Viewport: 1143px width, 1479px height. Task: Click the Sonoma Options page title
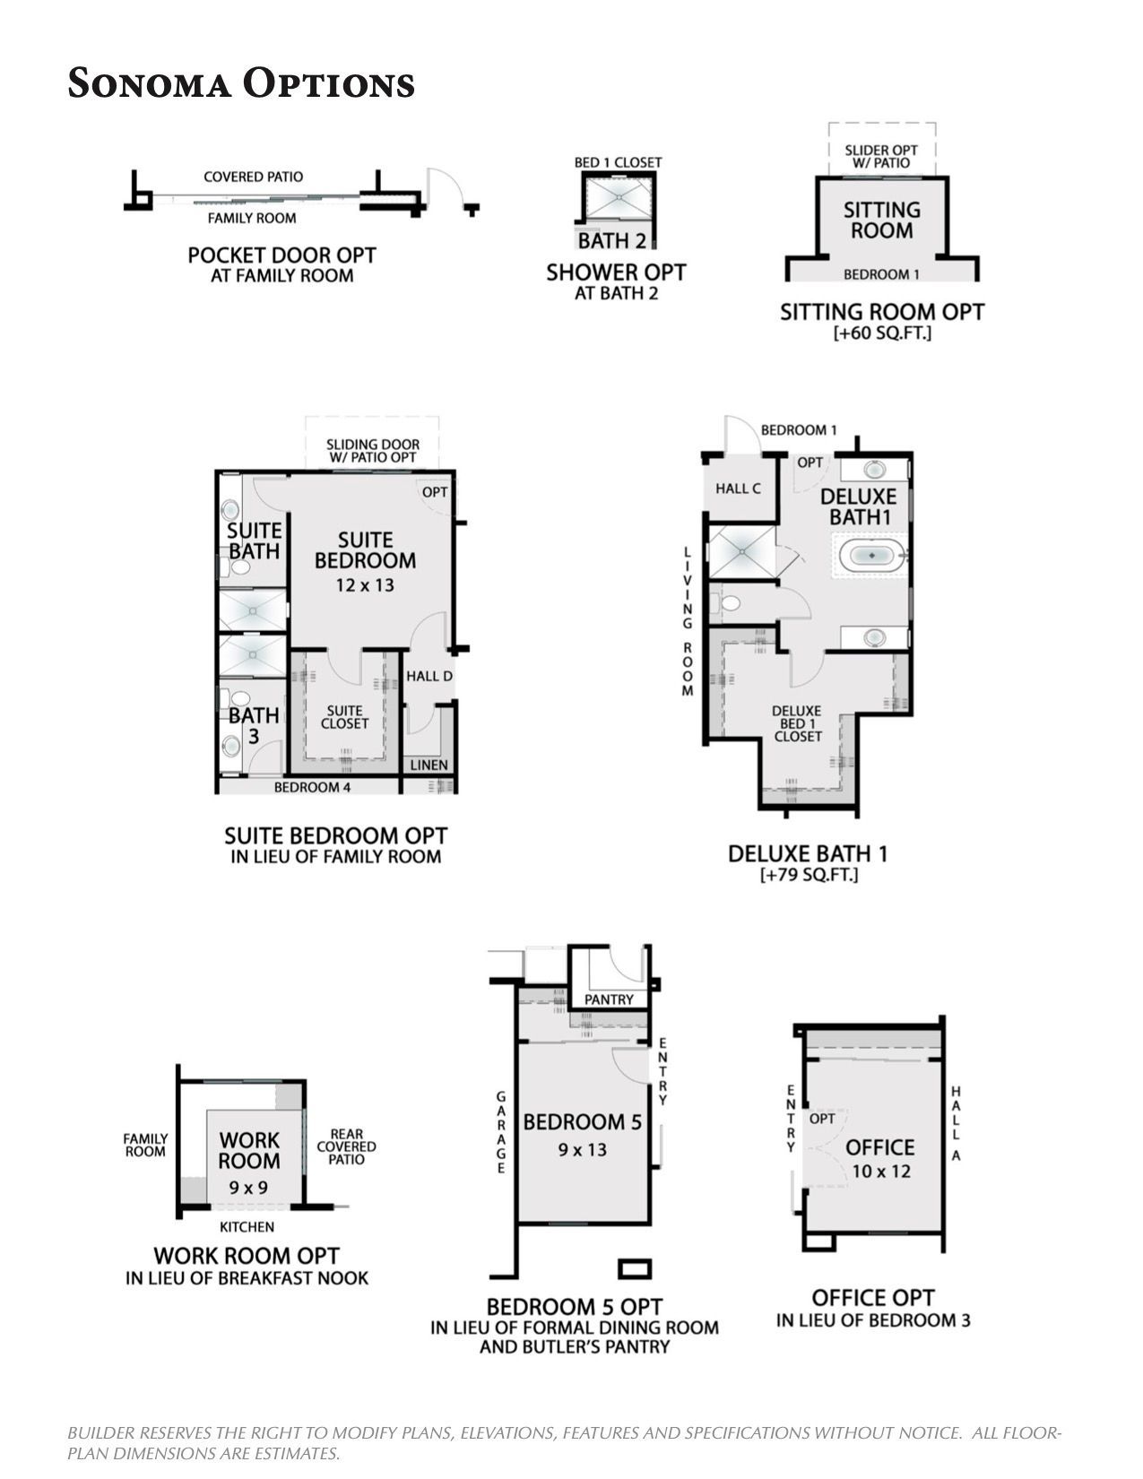(x=241, y=83)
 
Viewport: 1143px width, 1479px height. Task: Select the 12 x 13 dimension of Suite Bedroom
(x=365, y=584)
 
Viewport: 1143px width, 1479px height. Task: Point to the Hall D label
(x=429, y=676)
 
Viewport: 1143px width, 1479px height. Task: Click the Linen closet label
(x=429, y=765)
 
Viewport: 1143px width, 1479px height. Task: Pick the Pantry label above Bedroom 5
(x=609, y=999)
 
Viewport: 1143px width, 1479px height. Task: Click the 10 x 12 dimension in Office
(x=881, y=1171)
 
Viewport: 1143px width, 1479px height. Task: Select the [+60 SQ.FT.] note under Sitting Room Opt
(x=882, y=333)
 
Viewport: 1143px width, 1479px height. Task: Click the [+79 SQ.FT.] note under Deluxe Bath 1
(x=809, y=875)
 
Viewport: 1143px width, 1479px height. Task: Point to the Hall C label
(x=738, y=488)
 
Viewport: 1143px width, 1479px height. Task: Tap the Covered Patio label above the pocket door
(x=253, y=177)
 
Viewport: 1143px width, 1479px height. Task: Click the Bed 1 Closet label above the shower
(x=619, y=162)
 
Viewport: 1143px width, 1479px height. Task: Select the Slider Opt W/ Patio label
(x=881, y=157)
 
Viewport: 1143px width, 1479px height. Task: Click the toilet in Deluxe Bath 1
(x=726, y=603)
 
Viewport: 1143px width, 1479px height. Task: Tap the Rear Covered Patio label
(x=347, y=1146)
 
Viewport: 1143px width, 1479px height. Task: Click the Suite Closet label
(x=344, y=717)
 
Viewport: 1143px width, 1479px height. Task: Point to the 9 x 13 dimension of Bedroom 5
(x=582, y=1149)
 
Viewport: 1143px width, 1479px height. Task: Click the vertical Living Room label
(x=688, y=621)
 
